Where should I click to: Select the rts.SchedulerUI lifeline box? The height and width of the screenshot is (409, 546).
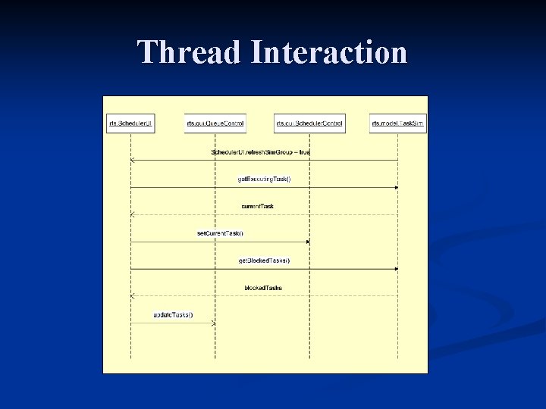point(130,123)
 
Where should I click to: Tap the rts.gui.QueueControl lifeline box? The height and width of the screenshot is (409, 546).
point(215,123)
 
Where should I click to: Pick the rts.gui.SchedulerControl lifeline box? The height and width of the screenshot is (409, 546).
point(309,123)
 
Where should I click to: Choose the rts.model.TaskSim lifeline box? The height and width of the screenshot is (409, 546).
point(398,123)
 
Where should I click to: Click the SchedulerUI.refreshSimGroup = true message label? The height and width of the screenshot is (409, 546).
point(260,152)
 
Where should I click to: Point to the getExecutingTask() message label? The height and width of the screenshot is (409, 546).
point(264,179)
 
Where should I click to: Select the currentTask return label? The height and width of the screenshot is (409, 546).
point(258,206)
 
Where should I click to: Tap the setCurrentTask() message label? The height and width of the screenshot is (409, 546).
point(220,233)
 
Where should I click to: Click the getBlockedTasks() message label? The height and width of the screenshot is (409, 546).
point(264,261)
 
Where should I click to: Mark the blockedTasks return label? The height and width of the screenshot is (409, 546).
point(263,288)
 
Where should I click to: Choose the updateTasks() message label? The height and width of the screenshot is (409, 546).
point(173,315)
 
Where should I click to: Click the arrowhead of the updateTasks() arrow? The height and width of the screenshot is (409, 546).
point(213,323)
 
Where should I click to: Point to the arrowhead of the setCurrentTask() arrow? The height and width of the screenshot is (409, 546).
point(307,242)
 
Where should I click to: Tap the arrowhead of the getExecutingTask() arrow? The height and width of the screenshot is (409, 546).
point(396,187)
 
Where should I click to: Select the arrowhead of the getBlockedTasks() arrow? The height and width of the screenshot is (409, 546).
point(396,269)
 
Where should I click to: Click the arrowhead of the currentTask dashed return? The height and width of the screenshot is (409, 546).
point(133,214)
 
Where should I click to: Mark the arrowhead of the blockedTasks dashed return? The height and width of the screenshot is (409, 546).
point(133,296)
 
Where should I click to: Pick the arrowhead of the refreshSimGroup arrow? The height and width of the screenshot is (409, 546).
point(133,160)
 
